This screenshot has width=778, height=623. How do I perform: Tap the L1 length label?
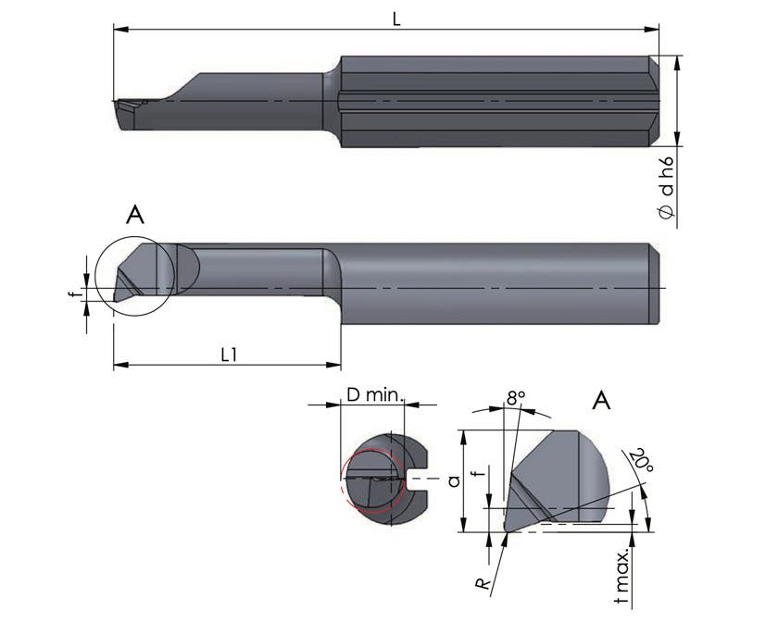click(227, 354)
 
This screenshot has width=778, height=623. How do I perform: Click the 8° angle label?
click(516, 397)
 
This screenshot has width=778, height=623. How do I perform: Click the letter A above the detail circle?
click(135, 217)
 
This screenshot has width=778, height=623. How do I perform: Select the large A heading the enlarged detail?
click(601, 401)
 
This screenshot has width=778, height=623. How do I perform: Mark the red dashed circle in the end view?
click(370, 482)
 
